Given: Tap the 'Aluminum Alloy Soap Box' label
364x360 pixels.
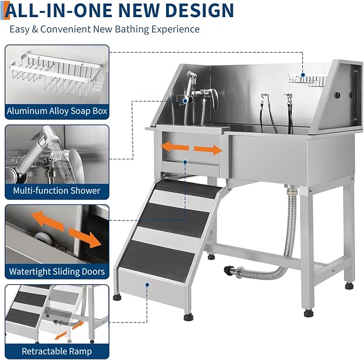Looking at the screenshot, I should [x=57, y=112].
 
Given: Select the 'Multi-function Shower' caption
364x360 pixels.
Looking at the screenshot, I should [x=57, y=190].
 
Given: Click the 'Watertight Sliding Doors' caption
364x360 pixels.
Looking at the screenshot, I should [x=57, y=271].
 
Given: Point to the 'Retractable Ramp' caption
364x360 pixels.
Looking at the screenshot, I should [x=57, y=351].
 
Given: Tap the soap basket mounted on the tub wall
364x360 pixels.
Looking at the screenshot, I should [x=307, y=79].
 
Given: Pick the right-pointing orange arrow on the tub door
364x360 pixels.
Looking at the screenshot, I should [x=209, y=150].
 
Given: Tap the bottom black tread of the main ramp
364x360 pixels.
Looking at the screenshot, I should [x=155, y=256].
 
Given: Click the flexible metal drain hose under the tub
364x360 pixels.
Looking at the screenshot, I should [x=289, y=236].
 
